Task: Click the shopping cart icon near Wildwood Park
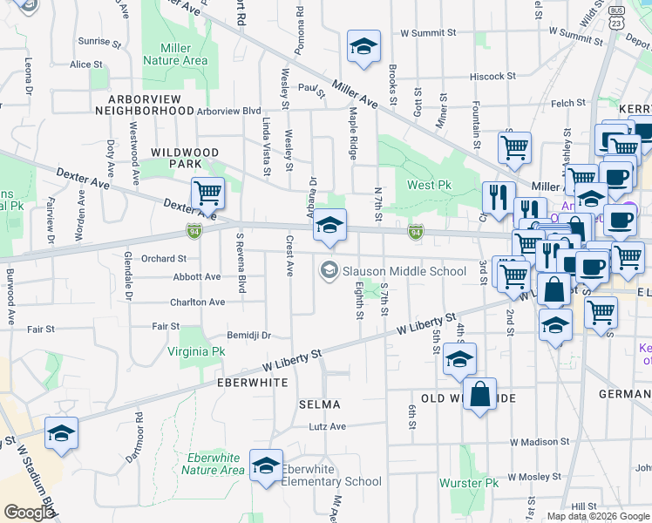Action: [x=207, y=193]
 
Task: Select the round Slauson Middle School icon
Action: [x=328, y=270]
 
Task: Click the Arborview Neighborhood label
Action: [x=145, y=105]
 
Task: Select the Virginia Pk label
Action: [x=196, y=351]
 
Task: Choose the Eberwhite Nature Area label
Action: [x=213, y=464]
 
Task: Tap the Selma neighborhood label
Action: [x=319, y=404]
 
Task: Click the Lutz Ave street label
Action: [x=327, y=426]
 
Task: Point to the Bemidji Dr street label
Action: [x=248, y=335]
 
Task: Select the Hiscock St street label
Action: [x=493, y=76]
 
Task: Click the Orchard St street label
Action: [x=164, y=258]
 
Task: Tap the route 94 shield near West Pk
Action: [x=417, y=231]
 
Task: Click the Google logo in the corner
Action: [x=29, y=513]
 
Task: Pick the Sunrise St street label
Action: [x=94, y=41]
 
